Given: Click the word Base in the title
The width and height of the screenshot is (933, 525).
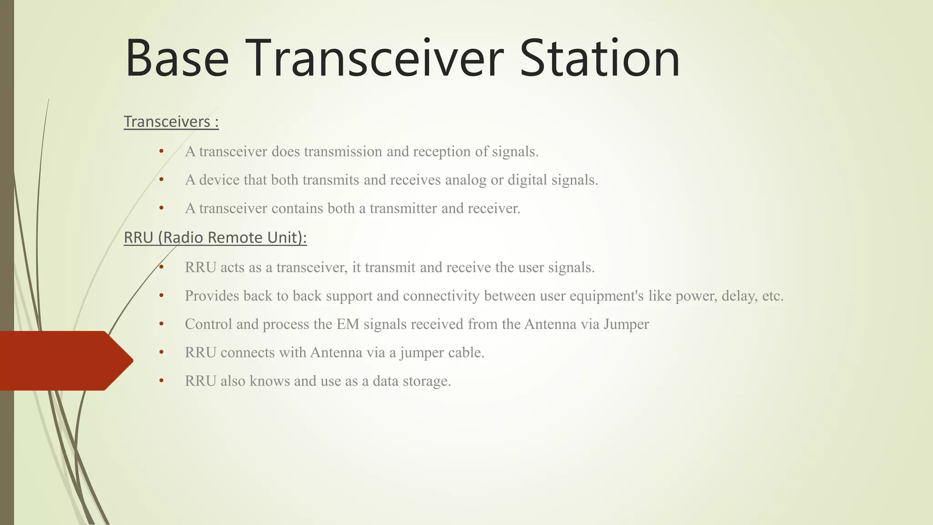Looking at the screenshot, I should tap(177, 58).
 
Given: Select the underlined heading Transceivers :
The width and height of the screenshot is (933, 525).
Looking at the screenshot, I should tap(171, 122).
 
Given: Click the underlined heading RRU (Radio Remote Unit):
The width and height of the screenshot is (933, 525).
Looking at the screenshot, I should tap(215, 237).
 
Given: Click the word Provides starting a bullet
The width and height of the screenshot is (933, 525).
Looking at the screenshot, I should tap(212, 296).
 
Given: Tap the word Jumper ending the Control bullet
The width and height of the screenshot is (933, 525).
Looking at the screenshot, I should tap(626, 324).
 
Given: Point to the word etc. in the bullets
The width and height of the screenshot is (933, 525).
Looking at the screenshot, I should tap(773, 296).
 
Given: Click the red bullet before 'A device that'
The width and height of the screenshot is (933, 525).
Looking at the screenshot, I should tap(161, 180).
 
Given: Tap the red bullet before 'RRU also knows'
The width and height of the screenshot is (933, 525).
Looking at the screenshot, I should tap(161, 380).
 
